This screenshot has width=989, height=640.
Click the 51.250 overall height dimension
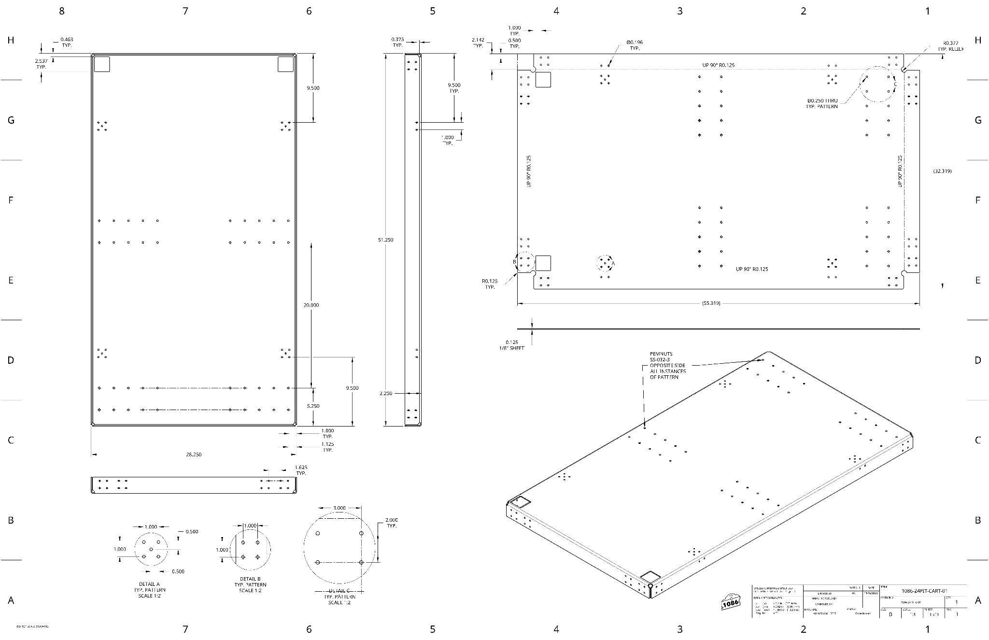pyautogui.click(x=385, y=240)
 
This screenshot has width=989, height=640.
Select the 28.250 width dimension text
pyautogui.click(x=194, y=455)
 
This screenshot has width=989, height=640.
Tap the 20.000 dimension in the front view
pyautogui.click(x=311, y=305)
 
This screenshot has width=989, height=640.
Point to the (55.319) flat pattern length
pyautogui.click(x=711, y=303)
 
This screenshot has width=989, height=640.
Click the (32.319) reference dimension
pyautogui.click(x=942, y=171)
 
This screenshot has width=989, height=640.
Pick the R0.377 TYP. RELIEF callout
pyautogui.click(x=951, y=46)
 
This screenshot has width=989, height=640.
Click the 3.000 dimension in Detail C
pyautogui.click(x=339, y=508)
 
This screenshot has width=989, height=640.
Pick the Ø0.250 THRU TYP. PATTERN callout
pyautogui.click(x=821, y=103)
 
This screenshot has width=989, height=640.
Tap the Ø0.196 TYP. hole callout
pyautogui.click(x=635, y=45)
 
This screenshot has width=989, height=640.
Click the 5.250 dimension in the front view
pyautogui.click(x=313, y=406)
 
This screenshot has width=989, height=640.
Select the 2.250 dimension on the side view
pyautogui.click(x=385, y=393)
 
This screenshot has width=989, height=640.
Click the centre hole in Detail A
pyautogui.click(x=151, y=549)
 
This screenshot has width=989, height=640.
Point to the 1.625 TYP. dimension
pyautogui.click(x=301, y=470)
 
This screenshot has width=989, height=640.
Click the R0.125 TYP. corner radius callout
pyautogui.click(x=489, y=284)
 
